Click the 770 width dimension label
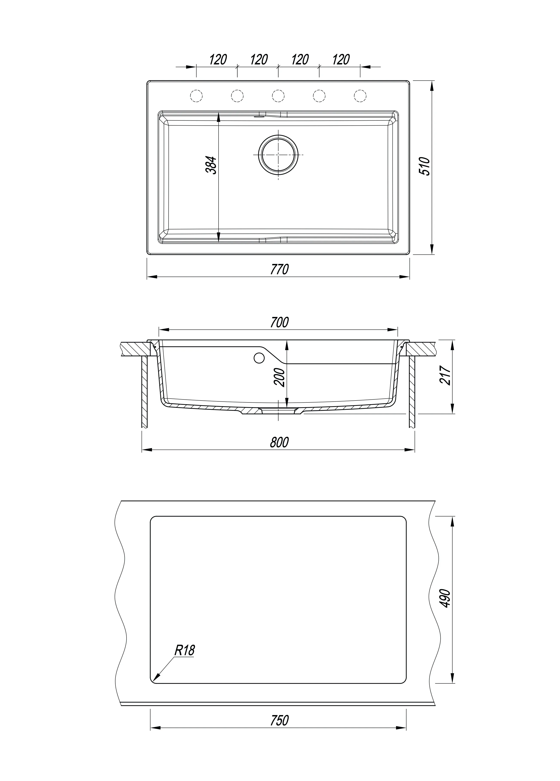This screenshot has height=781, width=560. (x=279, y=269)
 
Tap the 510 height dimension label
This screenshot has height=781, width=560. (x=426, y=166)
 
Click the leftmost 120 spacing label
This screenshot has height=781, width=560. (x=218, y=60)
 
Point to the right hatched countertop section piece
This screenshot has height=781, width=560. (x=421, y=349)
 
